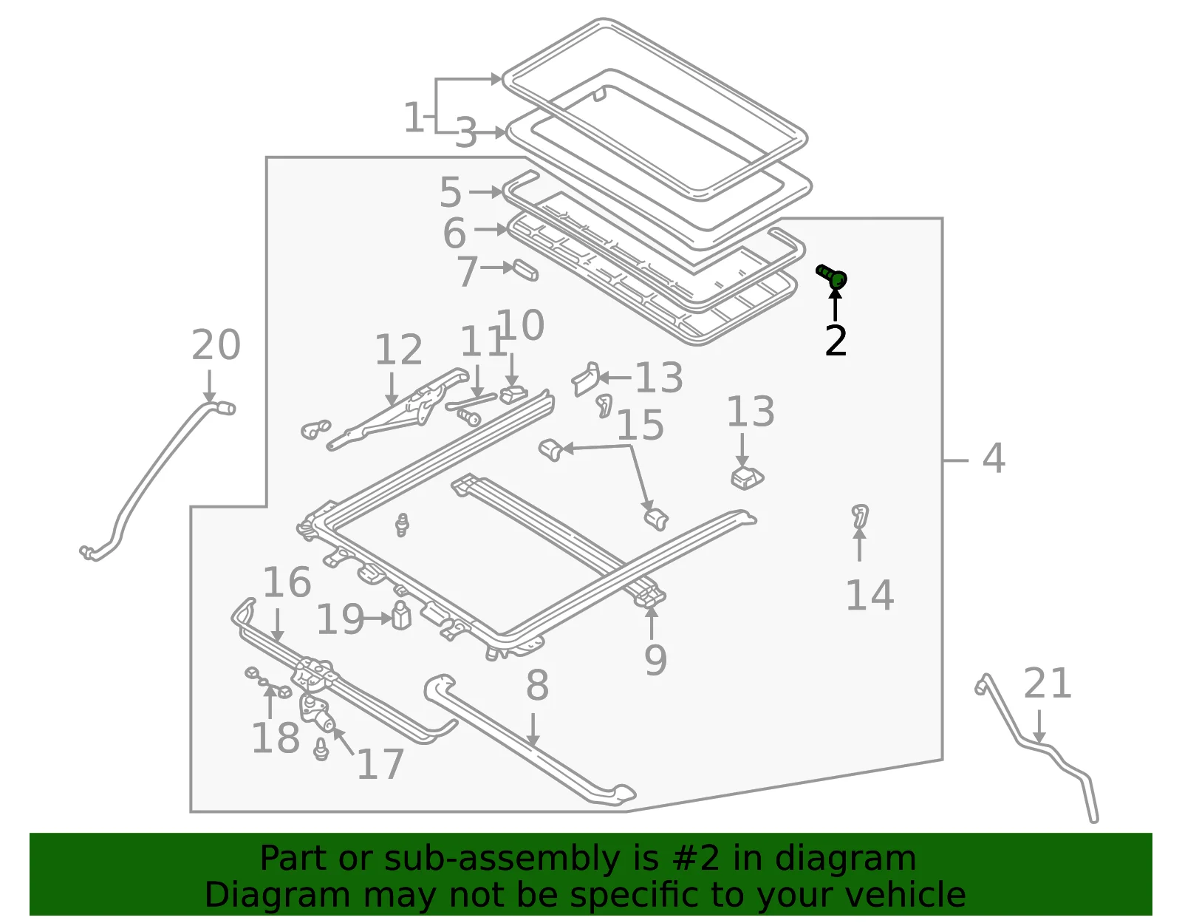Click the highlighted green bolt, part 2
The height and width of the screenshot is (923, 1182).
tap(832, 276)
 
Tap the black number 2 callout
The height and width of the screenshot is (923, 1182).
tap(836, 341)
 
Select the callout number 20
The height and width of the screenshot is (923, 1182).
tap(216, 345)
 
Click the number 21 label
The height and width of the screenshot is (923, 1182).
tap(1047, 683)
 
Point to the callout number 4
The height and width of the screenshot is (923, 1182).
tap(994, 458)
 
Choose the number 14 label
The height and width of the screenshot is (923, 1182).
tap(870, 596)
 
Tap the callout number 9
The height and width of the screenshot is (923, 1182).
tap(655, 660)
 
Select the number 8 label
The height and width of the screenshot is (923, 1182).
tap(537, 685)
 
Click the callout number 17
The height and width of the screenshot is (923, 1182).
tap(380, 763)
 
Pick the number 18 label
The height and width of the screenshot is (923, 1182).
tap(276, 738)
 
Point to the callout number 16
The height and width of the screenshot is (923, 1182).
tap(287, 582)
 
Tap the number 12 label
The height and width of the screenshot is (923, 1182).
tap(399, 350)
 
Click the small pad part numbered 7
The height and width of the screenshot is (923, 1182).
tap(526, 270)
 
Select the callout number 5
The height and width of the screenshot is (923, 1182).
tap(451, 192)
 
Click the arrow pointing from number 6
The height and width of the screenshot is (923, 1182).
tap(491, 230)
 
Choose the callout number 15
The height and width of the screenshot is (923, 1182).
tap(640, 425)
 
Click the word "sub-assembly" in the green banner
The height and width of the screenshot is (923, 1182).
tap(502, 858)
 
